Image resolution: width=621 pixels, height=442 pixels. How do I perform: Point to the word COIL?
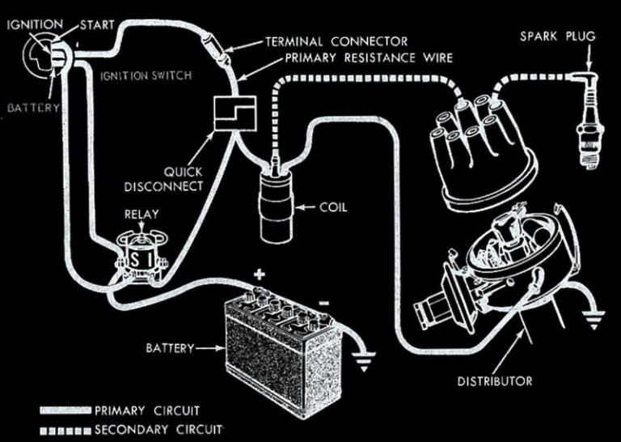(332, 207)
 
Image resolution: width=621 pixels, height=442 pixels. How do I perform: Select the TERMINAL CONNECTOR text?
(337, 40)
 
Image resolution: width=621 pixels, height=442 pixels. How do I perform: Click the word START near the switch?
(97, 24)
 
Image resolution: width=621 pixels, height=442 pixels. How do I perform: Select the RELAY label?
(140, 215)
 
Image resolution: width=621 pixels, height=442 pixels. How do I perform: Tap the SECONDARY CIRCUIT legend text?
(158, 428)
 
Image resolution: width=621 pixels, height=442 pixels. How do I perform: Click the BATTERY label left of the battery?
(170, 348)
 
